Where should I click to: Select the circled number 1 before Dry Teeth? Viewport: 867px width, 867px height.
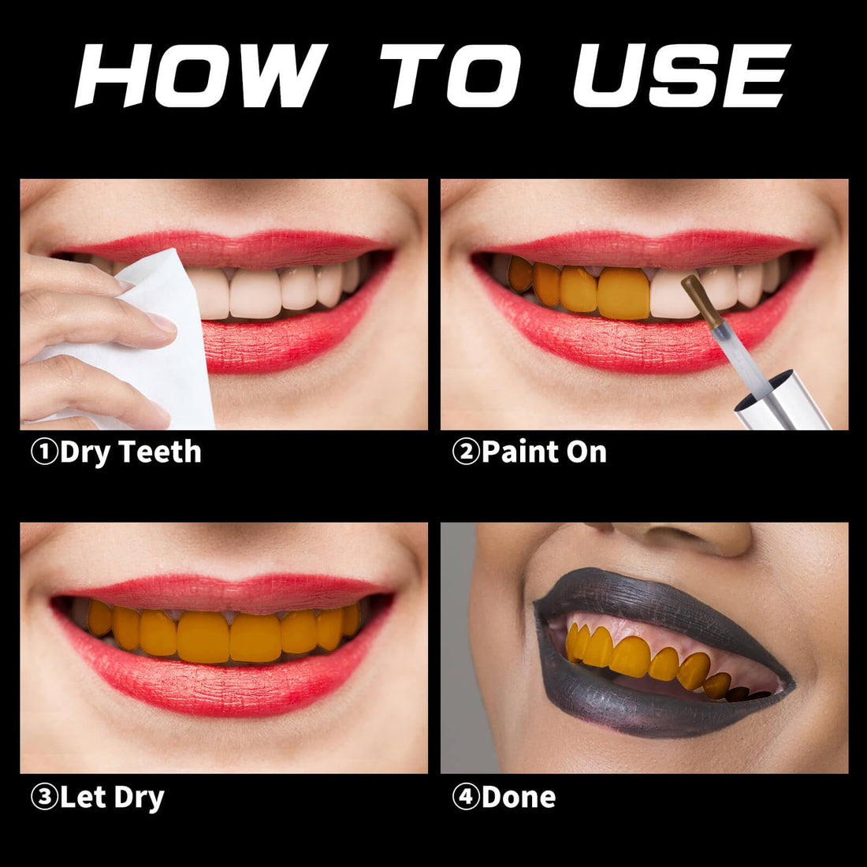click(x=44, y=452)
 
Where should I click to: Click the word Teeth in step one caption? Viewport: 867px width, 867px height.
click(x=161, y=452)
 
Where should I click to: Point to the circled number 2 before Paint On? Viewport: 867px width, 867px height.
click(x=466, y=452)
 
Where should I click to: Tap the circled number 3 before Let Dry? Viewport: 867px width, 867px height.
click(x=44, y=797)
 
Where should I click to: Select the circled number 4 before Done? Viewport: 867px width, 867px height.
click(x=466, y=797)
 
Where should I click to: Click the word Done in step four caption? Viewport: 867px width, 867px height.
click(x=519, y=797)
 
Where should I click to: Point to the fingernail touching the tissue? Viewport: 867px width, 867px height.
click(x=162, y=322)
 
